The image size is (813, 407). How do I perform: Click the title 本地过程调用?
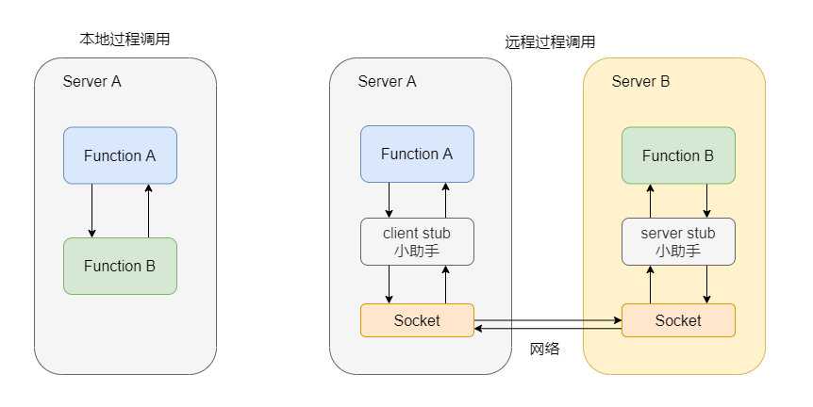tap(124, 39)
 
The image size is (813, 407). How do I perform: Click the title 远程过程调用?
tap(550, 42)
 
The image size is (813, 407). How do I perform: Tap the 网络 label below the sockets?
tap(544, 349)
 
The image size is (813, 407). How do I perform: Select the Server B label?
tap(640, 82)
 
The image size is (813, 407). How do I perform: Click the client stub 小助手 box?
tap(417, 242)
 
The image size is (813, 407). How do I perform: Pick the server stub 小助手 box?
tap(678, 242)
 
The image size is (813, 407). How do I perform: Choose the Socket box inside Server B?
tap(678, 320)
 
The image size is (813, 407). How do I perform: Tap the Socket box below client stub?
tap(417, 320)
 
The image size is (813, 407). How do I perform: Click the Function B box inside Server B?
tap(678, 155)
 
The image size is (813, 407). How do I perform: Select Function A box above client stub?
tap(417, 155)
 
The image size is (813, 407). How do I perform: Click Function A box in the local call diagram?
tap(120, 155)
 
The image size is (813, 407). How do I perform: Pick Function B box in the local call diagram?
tap(120, 266)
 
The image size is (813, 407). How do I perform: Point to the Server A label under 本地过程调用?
tap(92, 81)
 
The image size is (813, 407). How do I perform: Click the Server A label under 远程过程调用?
tap(387, 82)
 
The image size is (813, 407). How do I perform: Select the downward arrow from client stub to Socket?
tap(390, 285)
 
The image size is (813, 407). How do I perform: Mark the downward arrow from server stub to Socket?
tap(706, 285)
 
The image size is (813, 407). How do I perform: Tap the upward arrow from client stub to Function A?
tap(445, 201)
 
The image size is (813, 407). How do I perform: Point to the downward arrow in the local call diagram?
tap(91, 210)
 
